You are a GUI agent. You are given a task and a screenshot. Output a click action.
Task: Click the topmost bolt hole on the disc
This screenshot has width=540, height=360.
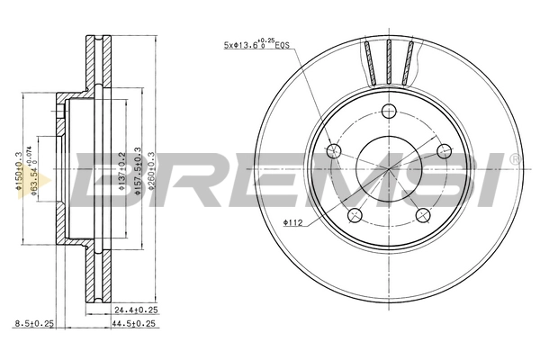coord(389,112)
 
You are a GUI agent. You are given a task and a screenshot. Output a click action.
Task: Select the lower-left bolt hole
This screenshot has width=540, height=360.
coord(355,214)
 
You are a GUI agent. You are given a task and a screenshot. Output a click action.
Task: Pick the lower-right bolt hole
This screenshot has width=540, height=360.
coord(422,214)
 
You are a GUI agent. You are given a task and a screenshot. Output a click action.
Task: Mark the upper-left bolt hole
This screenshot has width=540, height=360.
coord(335,151)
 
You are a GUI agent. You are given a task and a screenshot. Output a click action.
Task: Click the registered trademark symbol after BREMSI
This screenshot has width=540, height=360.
coord(514,160)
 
